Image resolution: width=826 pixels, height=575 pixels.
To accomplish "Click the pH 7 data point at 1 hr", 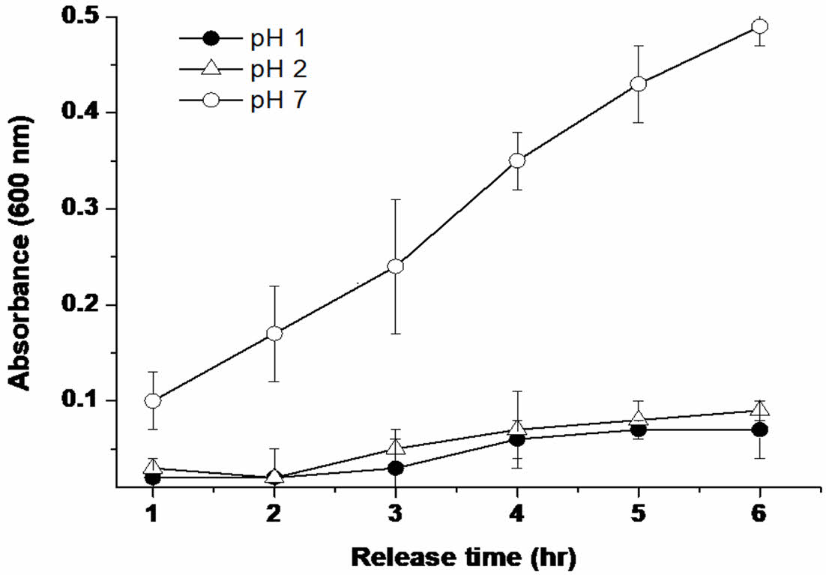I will tap(153, 401).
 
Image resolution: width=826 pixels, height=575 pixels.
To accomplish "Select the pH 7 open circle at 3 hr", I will tap(396, 266).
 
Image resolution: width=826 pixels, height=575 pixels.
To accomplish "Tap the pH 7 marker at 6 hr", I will tap(759, 26).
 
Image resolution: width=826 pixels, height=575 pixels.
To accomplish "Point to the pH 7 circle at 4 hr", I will tap(516, 160).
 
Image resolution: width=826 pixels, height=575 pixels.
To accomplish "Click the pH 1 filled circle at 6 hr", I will tap(759, 430).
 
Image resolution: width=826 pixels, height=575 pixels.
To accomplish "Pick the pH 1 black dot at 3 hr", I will tap(396, 468).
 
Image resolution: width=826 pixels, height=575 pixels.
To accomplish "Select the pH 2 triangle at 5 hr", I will tap(638, 418).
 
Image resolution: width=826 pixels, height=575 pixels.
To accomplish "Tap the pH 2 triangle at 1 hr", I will tap(153, 468).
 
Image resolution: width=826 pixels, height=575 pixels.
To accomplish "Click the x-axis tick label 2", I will tap(274, 515).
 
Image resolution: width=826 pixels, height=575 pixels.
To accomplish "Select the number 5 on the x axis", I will tap(638, 515).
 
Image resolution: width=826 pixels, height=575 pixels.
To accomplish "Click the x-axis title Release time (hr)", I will tap(465, 557).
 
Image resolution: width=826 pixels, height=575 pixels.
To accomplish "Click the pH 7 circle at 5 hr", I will tap(638, 84).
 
